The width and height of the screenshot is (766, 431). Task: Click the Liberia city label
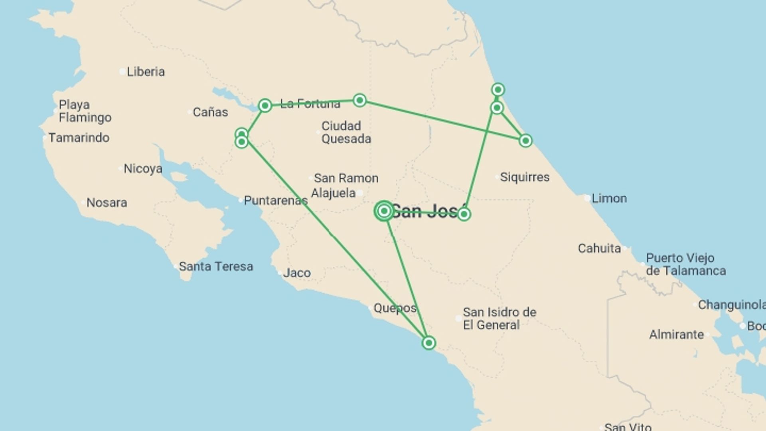point(145,72)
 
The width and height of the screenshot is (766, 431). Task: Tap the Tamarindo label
point(79,138)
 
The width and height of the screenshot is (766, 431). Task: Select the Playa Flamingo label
point(85,111)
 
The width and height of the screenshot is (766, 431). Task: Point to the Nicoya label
point(142,168)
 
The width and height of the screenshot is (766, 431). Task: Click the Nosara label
point(107,203)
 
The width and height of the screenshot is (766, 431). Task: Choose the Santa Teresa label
point(215,267)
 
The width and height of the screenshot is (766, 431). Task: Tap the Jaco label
point(296,273)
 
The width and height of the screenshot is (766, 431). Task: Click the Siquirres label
point(524,177)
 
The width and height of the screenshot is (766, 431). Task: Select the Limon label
point(609,198)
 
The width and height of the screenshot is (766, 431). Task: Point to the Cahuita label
point(599,249)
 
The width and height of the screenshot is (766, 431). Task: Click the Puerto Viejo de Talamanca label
point(685,264)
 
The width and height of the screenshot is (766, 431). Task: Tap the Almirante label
point(676,334)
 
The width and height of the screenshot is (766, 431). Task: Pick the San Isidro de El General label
point(499,318)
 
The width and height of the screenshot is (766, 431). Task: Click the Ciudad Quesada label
point(346,132)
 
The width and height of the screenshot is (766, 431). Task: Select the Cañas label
point(210,112)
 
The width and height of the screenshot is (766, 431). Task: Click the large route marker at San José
point(384,211)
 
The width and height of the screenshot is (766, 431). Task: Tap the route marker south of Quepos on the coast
point(428,343)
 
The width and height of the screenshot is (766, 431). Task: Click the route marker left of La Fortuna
point(265,106)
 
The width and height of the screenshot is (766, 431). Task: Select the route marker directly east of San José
point(463,214)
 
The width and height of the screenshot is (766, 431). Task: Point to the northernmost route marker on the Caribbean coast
point(498,89)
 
